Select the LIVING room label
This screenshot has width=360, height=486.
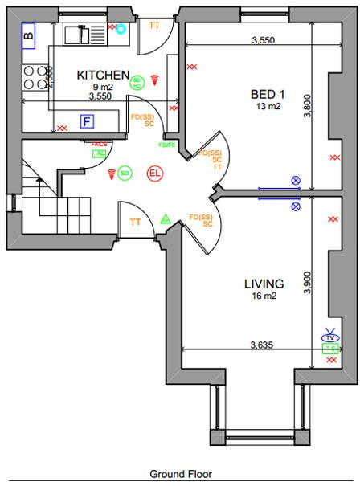tap(264, 284)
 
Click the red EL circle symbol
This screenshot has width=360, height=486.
tap(154, 173)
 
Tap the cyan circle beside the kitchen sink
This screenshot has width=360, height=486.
tap(121, 30)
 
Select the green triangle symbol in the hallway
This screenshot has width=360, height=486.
tap(166, 218)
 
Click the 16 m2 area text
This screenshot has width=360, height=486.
tap(264, 296)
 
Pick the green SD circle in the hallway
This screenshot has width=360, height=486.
tap(124, 173)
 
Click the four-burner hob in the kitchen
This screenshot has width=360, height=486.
tap(34, 77)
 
